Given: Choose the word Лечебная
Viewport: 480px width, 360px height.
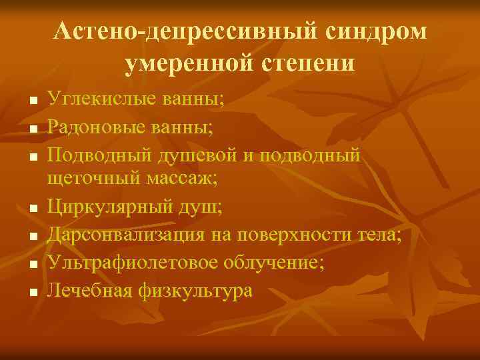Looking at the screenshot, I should click(90, 291).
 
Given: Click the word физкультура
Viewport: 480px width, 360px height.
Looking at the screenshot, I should click(196, 291).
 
